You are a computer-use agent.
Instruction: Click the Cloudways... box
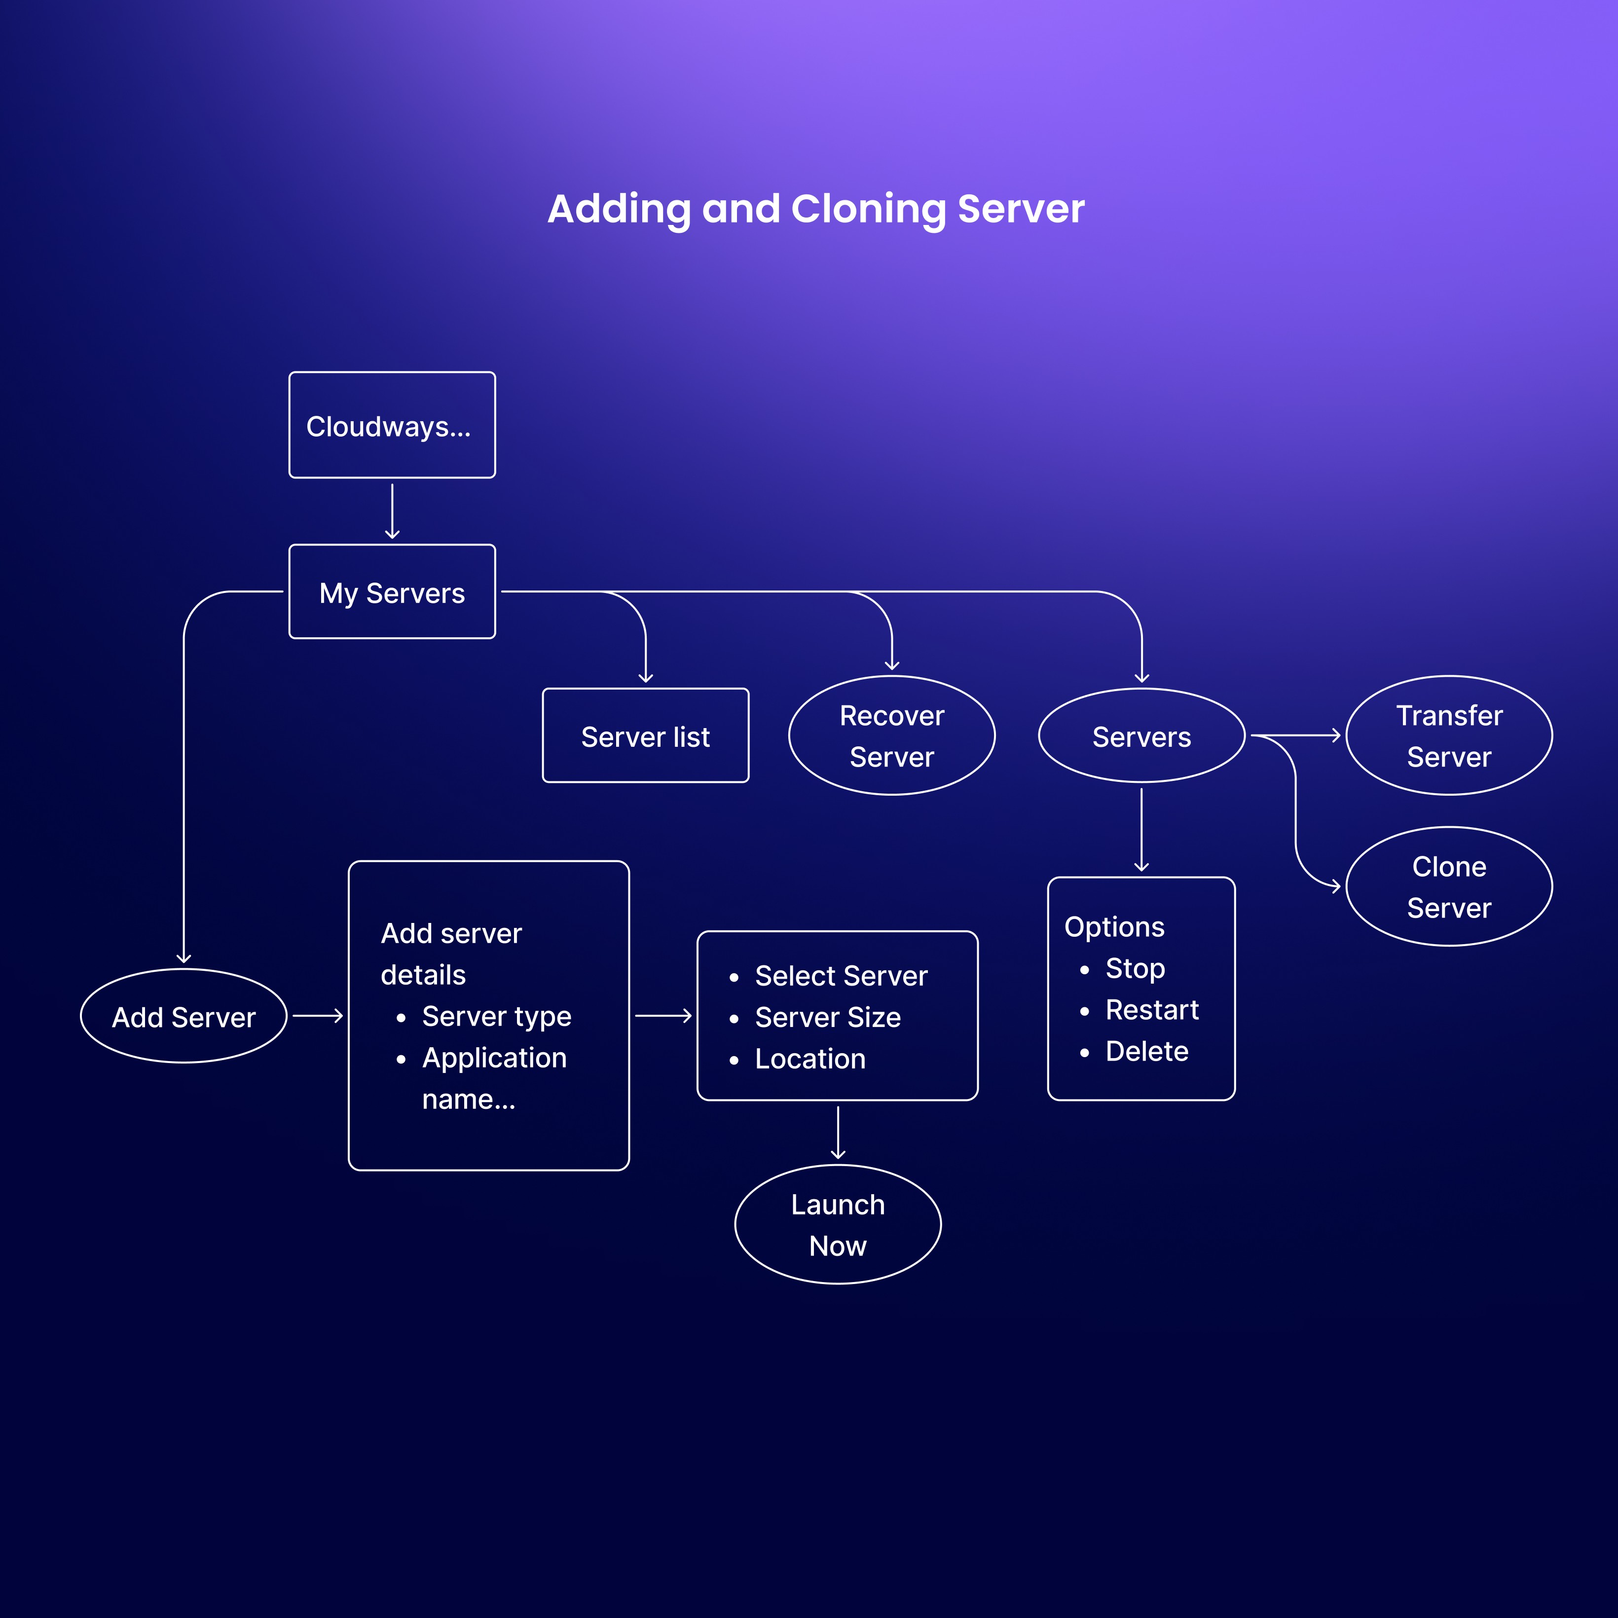pyautogui.click(x=392, y=425)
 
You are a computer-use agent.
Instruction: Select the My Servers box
pyautogui.click(x=392, y=591)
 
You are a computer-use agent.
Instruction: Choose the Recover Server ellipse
pyautogui.click(x=892, y=735)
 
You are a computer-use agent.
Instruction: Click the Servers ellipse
pyautogui.click(x=1141, y=735)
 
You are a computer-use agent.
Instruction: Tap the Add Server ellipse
pyautogui.click(x=184, y=1016)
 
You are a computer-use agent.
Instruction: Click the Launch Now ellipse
pyautogui.click(x=838, y=1224)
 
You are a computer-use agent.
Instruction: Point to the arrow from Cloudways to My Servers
pyautogui.click(x=392, y=511)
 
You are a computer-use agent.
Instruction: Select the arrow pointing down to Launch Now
pyautogui.click(x=838, y=1132)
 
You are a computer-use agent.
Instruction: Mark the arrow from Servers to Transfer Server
pyautogui.click(x=1295, y=735)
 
